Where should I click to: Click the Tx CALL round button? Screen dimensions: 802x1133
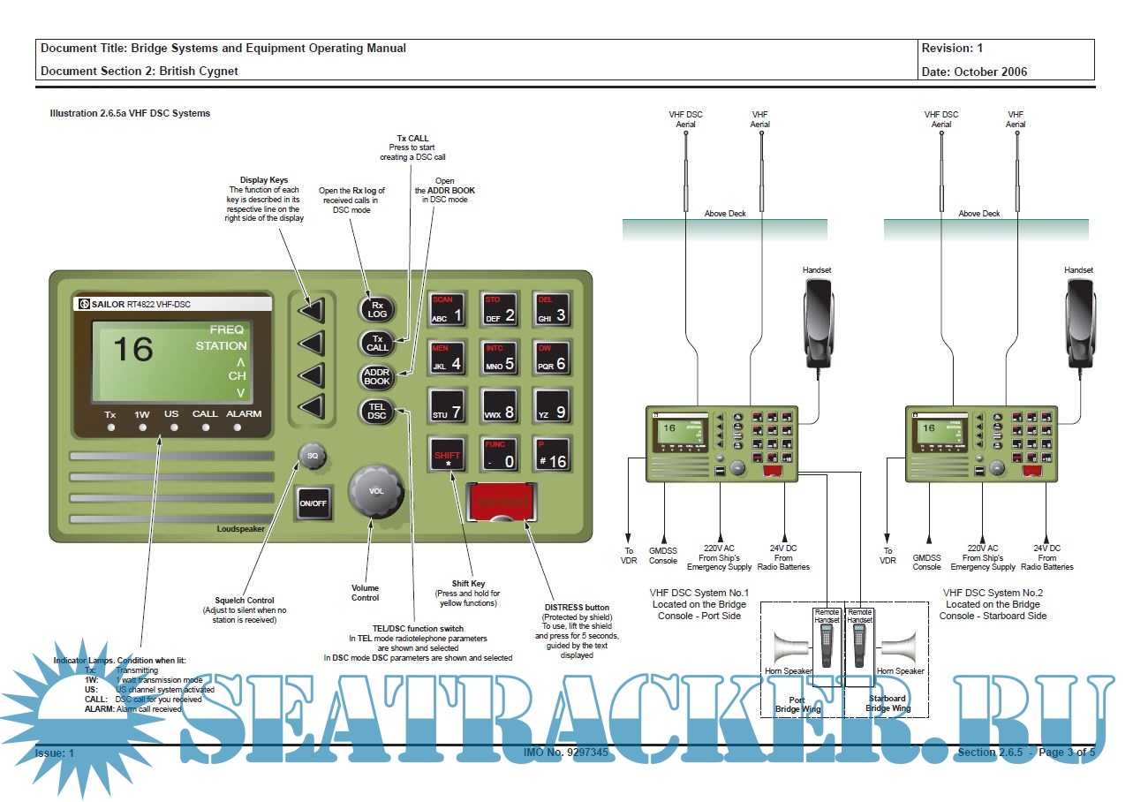click(377, 343)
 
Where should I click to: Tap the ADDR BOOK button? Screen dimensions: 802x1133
click(377, 377)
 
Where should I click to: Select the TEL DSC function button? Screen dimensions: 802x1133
click(377, 411)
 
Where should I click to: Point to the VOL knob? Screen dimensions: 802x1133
click(376, 491)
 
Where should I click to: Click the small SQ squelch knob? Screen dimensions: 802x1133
click(312, 456)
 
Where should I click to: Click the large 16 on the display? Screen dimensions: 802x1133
click(133, 350)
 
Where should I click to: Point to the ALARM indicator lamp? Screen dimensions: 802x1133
click(238, 427)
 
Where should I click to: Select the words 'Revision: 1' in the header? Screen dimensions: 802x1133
click(952, 49)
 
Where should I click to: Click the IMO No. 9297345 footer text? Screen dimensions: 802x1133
click(566, 753)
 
